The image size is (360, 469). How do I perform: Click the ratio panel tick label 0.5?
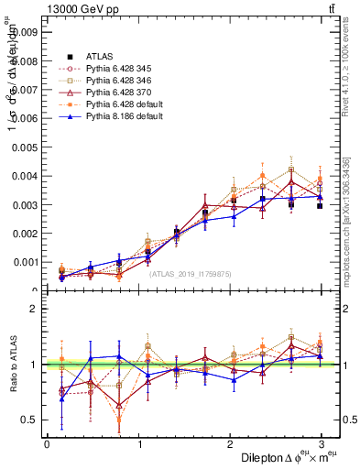coord(29,420)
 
